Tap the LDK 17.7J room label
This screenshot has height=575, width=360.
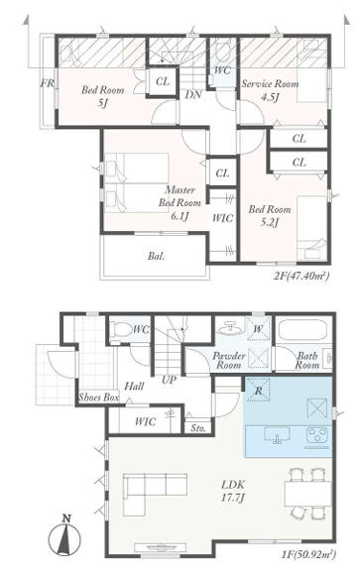pos(233,491)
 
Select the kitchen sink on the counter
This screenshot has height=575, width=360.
pos(277,435)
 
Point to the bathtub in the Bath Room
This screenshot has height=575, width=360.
pos(302,331)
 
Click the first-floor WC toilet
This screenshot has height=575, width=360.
pos(123,329)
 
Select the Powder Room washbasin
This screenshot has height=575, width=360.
pos(230,327)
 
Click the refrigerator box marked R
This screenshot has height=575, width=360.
pos(259,390)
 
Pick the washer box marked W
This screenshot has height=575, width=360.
pos(259,328)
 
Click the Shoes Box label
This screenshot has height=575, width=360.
pos(99,398)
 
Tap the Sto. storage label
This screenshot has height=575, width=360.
pos(198,428)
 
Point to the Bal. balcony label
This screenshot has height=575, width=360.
pos(156,256)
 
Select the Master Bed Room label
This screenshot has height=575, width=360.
pos(180,196)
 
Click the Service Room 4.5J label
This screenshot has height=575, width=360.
pos(270,90)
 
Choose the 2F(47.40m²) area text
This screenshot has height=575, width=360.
pos(300,276)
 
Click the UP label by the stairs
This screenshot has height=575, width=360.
pos(170,380)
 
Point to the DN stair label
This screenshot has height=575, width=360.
pos(193,94)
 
